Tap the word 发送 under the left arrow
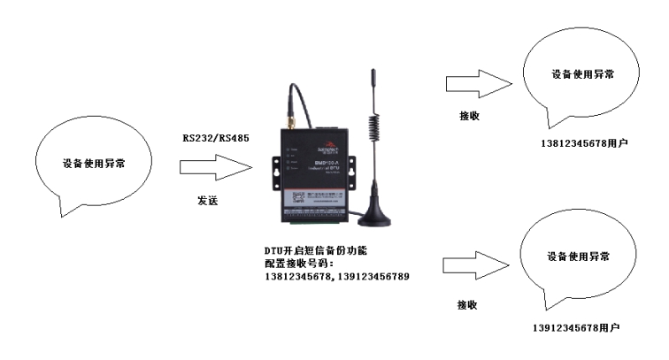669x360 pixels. click(x=207, y=202)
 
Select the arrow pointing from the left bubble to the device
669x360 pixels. click(x=210, y=166)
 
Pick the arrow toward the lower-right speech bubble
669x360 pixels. click(x=473, y=266)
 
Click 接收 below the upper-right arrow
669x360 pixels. click(x=469, y=115)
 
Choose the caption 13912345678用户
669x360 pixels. click(x=575, y=327)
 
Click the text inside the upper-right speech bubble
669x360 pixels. click(x=581, y=74)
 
